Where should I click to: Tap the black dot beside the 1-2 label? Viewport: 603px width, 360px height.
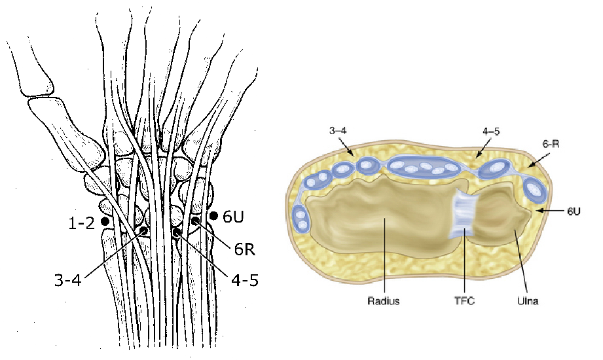[106, 223]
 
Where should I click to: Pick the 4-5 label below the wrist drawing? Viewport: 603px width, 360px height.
[244, 280]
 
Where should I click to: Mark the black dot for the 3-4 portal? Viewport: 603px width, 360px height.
[143, 231]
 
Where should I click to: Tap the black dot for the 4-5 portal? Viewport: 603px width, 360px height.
[175, 232]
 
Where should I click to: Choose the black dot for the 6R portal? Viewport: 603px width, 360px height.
[195, 222]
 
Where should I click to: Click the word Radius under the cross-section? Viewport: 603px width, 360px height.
[384, 302]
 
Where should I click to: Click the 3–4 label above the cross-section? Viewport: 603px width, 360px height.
[338, 132]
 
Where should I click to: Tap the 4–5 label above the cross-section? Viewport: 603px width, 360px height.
[492, 132]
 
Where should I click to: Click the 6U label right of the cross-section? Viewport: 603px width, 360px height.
[572, 211]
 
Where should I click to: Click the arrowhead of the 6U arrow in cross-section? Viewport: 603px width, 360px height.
[538, 211]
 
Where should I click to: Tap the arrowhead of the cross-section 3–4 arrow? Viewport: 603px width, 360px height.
[354, 155]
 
